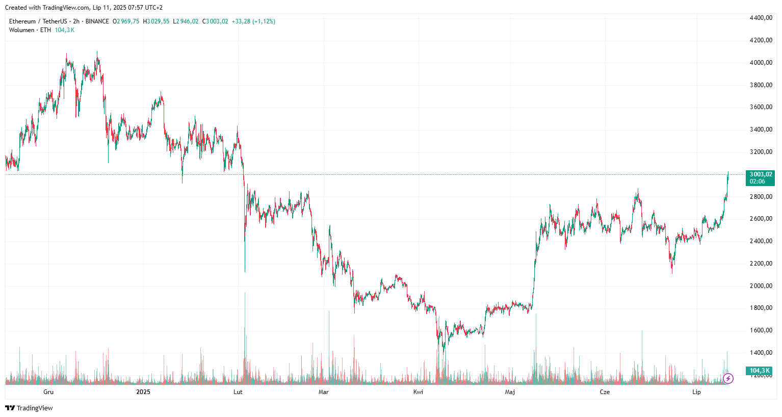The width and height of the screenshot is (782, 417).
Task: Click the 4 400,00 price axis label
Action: pos(761,18)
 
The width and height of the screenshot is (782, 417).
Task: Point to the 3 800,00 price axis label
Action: pos(761,85)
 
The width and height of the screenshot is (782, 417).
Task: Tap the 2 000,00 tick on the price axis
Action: pos(761,286)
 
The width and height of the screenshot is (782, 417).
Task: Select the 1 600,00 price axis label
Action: pos(761,330)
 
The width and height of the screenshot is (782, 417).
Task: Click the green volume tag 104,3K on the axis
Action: pos(759,371)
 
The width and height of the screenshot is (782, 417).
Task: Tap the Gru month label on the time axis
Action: pos(48,392)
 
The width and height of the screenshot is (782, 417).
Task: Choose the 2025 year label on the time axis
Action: pos(143,392)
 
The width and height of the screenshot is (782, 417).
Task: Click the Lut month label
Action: pos(238,392)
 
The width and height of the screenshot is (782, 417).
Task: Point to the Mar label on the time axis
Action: pos(323,392)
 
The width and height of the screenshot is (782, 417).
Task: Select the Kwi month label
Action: pos(418,392)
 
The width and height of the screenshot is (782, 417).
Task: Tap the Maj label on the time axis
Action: pos(510,392)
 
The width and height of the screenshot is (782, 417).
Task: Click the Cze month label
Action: pos(605,392)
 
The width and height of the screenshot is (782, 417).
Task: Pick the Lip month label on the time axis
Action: pos(696,392)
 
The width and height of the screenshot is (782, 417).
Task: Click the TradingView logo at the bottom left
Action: pos(29,408)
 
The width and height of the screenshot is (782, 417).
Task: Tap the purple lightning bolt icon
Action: pos(728,378)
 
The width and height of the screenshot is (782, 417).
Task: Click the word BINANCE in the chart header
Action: pos(97,21)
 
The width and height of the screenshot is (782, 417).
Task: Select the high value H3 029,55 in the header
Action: pos(156,21)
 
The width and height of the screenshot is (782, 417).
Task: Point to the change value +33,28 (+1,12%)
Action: pos(253,21)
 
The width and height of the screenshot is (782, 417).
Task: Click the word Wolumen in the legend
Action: pos(21,30)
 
